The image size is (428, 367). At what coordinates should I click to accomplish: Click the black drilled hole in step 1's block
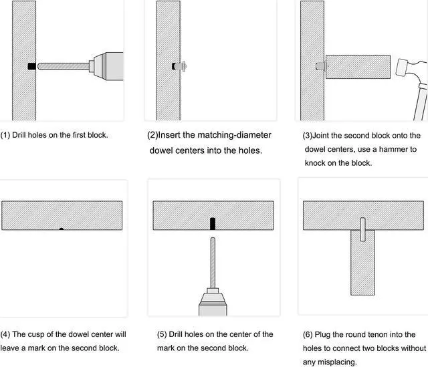pyautogui.click(x=31, y=66)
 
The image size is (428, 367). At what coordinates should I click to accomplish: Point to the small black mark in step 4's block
pyautogui.click(x=62, y=229)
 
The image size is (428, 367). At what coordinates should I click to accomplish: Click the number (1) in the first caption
pyautogui.click(x=6, y=135)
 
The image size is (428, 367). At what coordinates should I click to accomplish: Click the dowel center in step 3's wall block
pyautogui.click(x=319, y=67)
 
